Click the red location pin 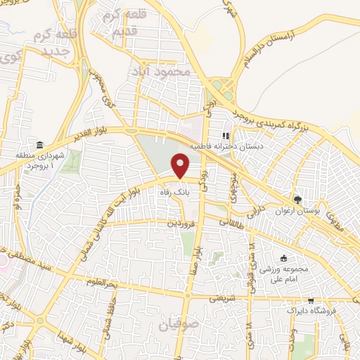tap(181, 166)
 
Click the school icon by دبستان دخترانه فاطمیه tap(226, 136)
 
